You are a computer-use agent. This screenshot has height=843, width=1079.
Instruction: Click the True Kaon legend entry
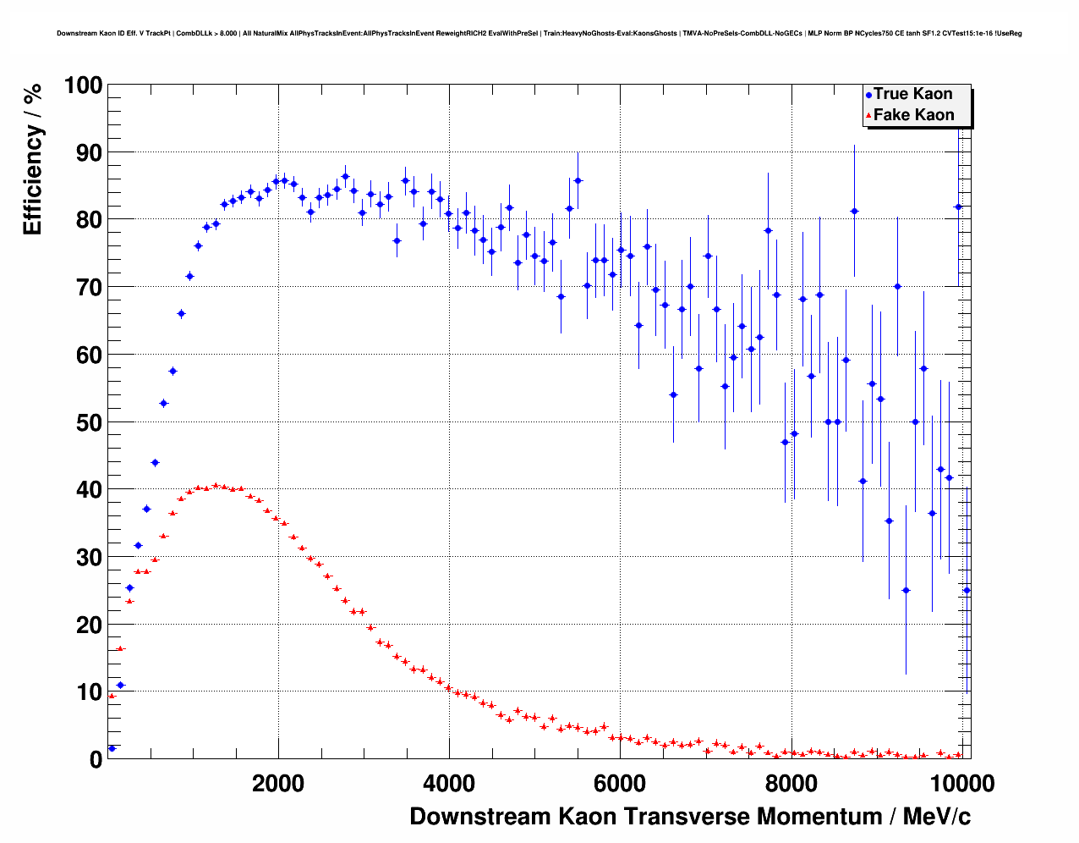tap(912, 94)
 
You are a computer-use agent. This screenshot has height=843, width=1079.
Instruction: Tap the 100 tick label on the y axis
tap(83, 85)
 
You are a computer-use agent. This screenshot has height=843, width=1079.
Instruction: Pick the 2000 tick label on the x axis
tap(278, 784)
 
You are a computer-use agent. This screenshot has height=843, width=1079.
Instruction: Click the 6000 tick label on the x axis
tap(620, 784)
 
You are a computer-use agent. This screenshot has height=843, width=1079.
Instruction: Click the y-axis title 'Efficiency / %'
tap(32, 160)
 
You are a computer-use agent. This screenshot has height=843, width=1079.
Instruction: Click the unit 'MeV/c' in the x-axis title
tap(937, 817)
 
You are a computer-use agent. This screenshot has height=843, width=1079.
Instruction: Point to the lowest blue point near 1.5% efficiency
tap(112, 748)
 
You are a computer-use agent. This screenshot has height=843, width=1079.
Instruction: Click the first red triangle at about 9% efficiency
tap(112, 696)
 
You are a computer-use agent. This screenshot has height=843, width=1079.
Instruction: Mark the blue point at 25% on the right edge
tap(967, 591)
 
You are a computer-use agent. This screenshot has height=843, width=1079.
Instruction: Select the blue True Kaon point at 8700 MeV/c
tap(854, 211)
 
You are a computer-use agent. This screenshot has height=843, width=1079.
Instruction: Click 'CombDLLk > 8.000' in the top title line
tap(206, 34)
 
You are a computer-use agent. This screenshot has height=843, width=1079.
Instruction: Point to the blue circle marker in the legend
tap(868, 95)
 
